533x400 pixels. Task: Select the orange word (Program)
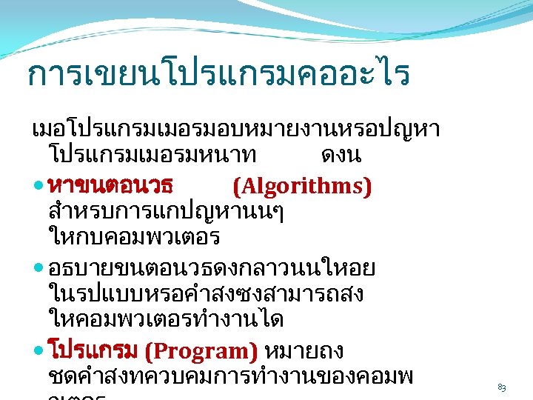click(x=201, y=350)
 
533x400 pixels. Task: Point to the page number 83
click(x=502, y=387)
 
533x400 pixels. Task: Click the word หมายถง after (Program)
click(x=302, y=350)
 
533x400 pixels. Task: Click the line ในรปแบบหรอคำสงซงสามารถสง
click(x=205, y=294)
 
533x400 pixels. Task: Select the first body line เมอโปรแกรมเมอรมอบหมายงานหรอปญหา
click(x=236, y=130)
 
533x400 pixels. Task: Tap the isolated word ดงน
click(x=341, y=157)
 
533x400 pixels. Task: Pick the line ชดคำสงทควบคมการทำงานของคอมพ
click(x=230, y=377)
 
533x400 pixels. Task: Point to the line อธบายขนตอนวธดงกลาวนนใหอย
click(x=210, y=267)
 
